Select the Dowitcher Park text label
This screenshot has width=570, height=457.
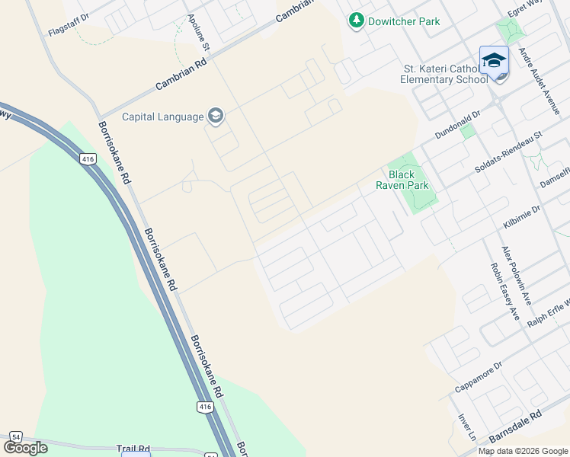pos(404,21)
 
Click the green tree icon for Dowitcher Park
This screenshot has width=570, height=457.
pos(357,21)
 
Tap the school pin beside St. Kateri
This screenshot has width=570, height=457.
pos(494,60)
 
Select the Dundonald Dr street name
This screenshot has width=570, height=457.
pos(458,123)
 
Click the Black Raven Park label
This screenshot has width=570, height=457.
pos(404,179)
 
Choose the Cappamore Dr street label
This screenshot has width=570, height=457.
pos(479,379)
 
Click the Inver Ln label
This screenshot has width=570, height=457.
pos(466,427)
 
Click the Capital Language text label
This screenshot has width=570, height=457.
pos(163,117)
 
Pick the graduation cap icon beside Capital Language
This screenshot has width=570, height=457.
pos(216,116)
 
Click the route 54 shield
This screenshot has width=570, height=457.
pos(17,436)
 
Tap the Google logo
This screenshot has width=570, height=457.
pos(25,447)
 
